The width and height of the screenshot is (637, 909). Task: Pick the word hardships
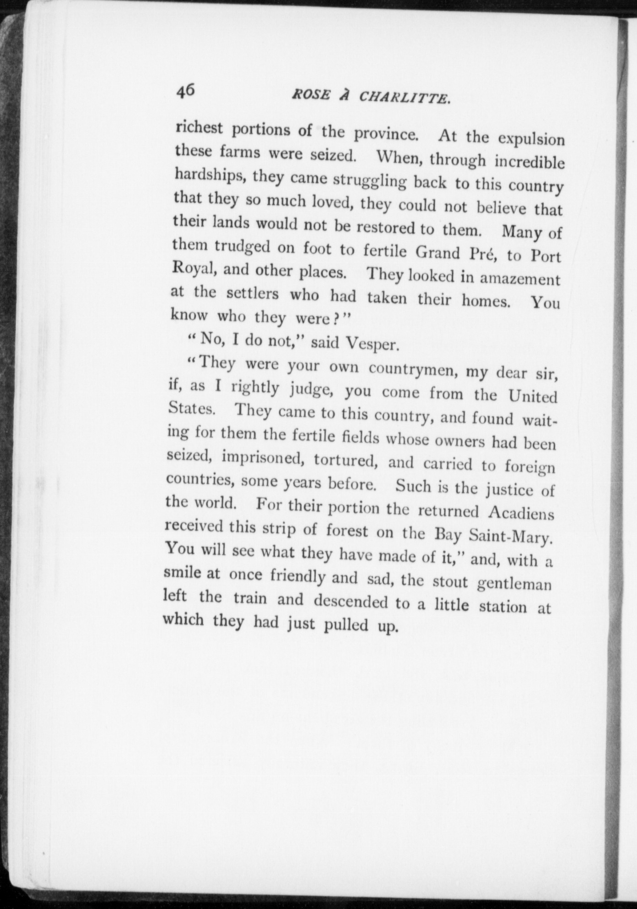click(x=209, y=176)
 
